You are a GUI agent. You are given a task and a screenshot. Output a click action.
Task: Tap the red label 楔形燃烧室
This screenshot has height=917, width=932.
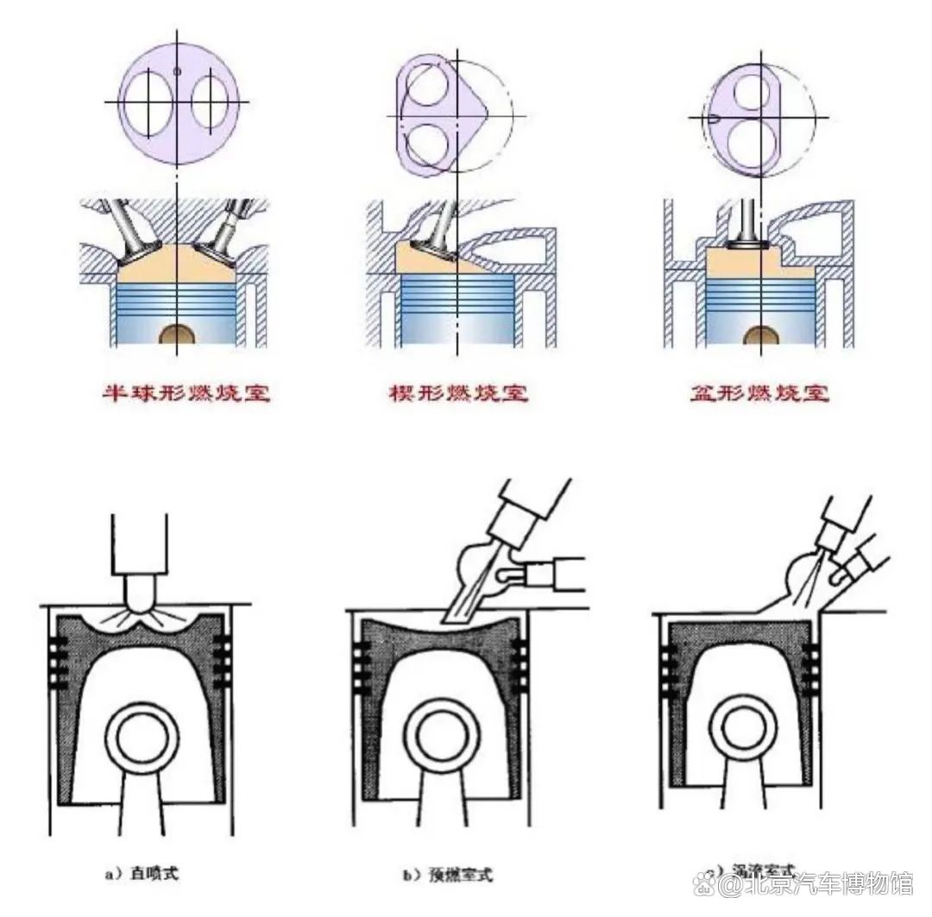457,394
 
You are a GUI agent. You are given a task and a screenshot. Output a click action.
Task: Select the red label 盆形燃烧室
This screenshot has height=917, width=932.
759,394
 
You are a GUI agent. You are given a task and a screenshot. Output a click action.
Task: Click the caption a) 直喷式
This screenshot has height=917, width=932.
142,874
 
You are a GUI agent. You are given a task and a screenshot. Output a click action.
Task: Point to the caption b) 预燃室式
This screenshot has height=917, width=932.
447,874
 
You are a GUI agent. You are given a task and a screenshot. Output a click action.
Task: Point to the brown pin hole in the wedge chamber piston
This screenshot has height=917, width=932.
457,337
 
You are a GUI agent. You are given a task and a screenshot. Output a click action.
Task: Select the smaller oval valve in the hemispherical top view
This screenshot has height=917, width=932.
207,104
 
